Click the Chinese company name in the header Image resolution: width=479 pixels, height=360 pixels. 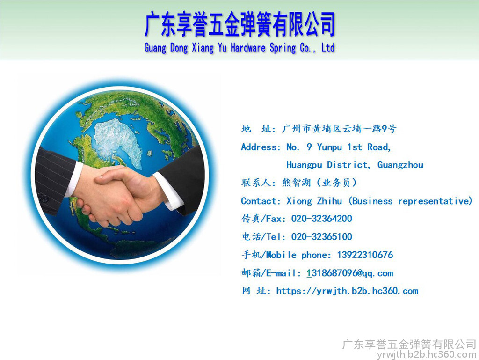pyautogui.click(x=240, y=24)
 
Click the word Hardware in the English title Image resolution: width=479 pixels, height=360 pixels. pyautogui.click(x=248, y=48)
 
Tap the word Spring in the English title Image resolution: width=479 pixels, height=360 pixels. pyautogui.click(x=283, y=48)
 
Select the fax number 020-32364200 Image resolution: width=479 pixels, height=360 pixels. pyautogui.click(x=321, y=219)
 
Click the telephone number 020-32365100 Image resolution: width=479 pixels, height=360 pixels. pyautogui.click(x=321, y=236)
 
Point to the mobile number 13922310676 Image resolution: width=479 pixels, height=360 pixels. pyautogui.click(x=365, y=255)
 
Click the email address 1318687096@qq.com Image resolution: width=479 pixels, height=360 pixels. pyautogui.click(x=350, y=273)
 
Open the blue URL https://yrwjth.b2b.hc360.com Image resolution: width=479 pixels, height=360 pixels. pyautogui.click(x=347, y=291)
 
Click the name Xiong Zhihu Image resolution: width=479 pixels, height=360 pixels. pyautogui.click(x=314, y=201)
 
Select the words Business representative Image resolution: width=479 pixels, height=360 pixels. pyautogui.click(x=410, y=201)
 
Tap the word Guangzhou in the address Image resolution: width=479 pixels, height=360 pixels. pyautogui.click(x=400, y=165)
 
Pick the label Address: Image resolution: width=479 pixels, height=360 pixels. pyautogui.click(x=261, y=147)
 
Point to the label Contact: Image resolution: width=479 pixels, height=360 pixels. pyautogui.click(x=261, y=201)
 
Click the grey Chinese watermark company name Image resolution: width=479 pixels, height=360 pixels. pyautogui.click(x=409, y=345)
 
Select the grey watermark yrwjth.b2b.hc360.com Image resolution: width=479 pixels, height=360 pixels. pyautogui.click(x=427, y=354)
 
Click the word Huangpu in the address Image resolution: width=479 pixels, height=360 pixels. pyautogui.click(x=304, y=165)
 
